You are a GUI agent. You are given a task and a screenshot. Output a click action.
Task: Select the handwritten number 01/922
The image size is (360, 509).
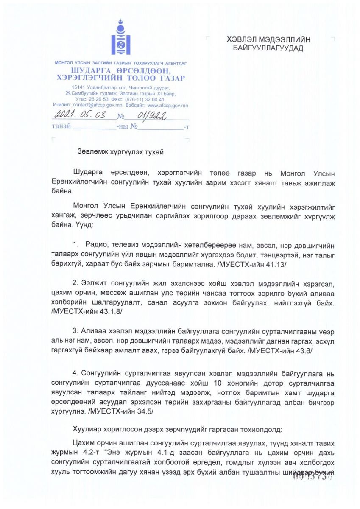(x=148, y=114)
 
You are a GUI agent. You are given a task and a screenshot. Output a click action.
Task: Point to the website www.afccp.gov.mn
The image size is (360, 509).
(x=167, y=105)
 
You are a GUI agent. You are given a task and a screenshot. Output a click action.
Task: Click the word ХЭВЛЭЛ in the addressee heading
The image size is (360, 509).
(x=245, y=40)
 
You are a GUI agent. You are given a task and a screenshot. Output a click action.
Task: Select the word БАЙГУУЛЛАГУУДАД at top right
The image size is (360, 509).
(x=268, y=48)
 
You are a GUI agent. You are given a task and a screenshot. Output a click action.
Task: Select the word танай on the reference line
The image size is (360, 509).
(x=61, y=126)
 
